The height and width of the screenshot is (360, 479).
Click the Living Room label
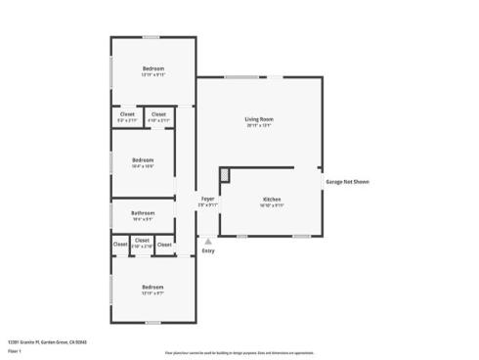pos(258,119)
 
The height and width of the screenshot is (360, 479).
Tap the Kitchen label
pos(272,199)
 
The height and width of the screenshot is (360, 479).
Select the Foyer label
pos(207,199)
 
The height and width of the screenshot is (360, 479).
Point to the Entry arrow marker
pos(207,240)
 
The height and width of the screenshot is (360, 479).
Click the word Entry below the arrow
pos(207,251)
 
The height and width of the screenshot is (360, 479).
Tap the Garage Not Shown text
pos(347,181)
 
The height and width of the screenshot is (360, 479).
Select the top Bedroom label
pos(152,67)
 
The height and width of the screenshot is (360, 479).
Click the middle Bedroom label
pos(144,159)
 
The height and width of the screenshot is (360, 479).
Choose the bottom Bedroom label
pos(152,287)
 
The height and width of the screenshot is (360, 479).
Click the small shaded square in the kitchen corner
pos(225,175)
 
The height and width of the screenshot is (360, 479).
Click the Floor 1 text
pos(15,350)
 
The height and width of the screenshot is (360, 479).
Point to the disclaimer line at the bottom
pos(239,352)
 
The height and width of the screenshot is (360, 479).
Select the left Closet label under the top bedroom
pos(127,113)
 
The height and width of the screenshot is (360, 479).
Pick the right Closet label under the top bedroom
pos(158,113)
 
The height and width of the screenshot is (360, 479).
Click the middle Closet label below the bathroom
pos(142,240)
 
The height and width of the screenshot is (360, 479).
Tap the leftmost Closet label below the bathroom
pos(119,245)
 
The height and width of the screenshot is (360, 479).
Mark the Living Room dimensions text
pos(258,126)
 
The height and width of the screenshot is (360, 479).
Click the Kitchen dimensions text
pos(272,205)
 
